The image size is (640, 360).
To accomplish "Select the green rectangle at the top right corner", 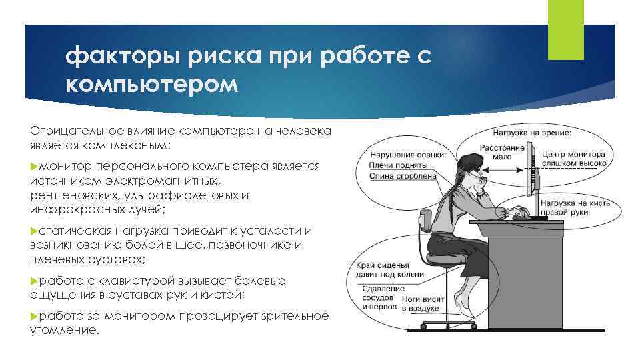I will pyautogui.click(x=565, y=29).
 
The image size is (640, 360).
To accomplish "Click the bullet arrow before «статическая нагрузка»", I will pyautogui.click(x=35, y=231).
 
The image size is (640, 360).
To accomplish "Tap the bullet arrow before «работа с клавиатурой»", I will pyautogui.click(x=35, y=281).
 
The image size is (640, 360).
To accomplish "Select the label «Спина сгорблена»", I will pyautogui.click(x=405, y=176).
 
